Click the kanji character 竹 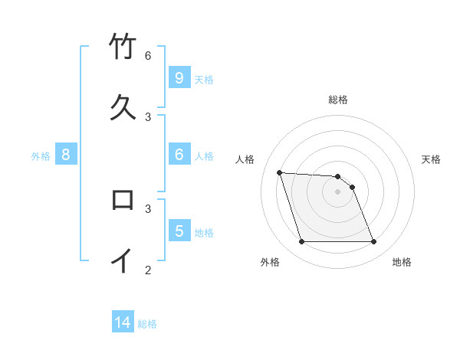(x=123, y=47)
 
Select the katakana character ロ (x=123, y=200)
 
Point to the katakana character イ (x=123, y=260)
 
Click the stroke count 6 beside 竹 (x=148, y=56)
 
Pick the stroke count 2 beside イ (x=148, y=269)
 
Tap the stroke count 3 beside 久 (x=148, y=116)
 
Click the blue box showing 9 (x=179, y=78)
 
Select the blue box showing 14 (x=123, y=323)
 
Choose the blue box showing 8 (x=66, y=155)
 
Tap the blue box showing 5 (x=179, y=231)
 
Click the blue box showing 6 (x=179, y=155)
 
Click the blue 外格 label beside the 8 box (x=41, y=156)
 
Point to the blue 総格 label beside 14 (x=147, y=325)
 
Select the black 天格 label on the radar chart (x=431, y=159)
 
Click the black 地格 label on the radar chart (x=402, y=262)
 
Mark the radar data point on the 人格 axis (x=279, y=172)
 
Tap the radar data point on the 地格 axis (x=373, y=242)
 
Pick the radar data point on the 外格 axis (x=301, y=242)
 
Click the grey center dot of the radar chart (x=337, y=191)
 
